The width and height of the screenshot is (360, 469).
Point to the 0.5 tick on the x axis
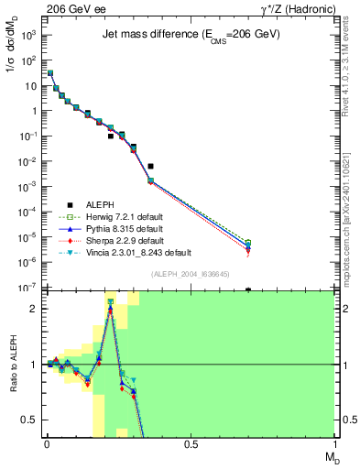tap(191, 443)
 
